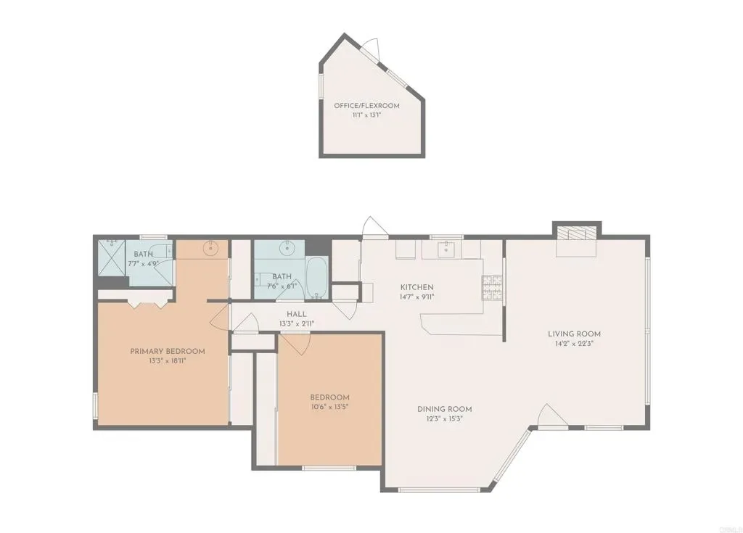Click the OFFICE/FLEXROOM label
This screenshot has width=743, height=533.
[x=366, y=106]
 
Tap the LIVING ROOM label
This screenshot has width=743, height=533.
[x=575, y=334]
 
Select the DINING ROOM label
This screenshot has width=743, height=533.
[x=445, y=409]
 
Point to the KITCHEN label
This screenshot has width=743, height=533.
[x=417, y=287]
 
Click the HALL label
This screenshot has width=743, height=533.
[x=297, y=314]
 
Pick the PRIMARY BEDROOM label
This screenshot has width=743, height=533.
[x=168, y=352]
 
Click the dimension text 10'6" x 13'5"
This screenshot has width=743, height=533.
[x=330, y=407]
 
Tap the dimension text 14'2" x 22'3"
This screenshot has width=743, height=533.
[x=575, y=343]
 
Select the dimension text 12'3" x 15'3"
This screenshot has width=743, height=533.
[x=445, y=419]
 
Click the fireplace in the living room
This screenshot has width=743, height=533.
[x=576, y=233]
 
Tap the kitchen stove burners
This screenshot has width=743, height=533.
[x=493, y=288]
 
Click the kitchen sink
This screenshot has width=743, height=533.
[x=445, y=248]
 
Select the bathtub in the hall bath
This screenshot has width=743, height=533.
[x=316, y=278]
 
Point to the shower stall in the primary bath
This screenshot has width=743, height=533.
[x=112, y=257]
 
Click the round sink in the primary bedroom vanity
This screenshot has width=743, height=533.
[x=210, y=248]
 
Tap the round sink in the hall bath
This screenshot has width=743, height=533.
[x=286, y=248]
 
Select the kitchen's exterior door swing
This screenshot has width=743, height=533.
[x=374, y=226]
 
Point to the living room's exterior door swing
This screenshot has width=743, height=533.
[x=552, y=416]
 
